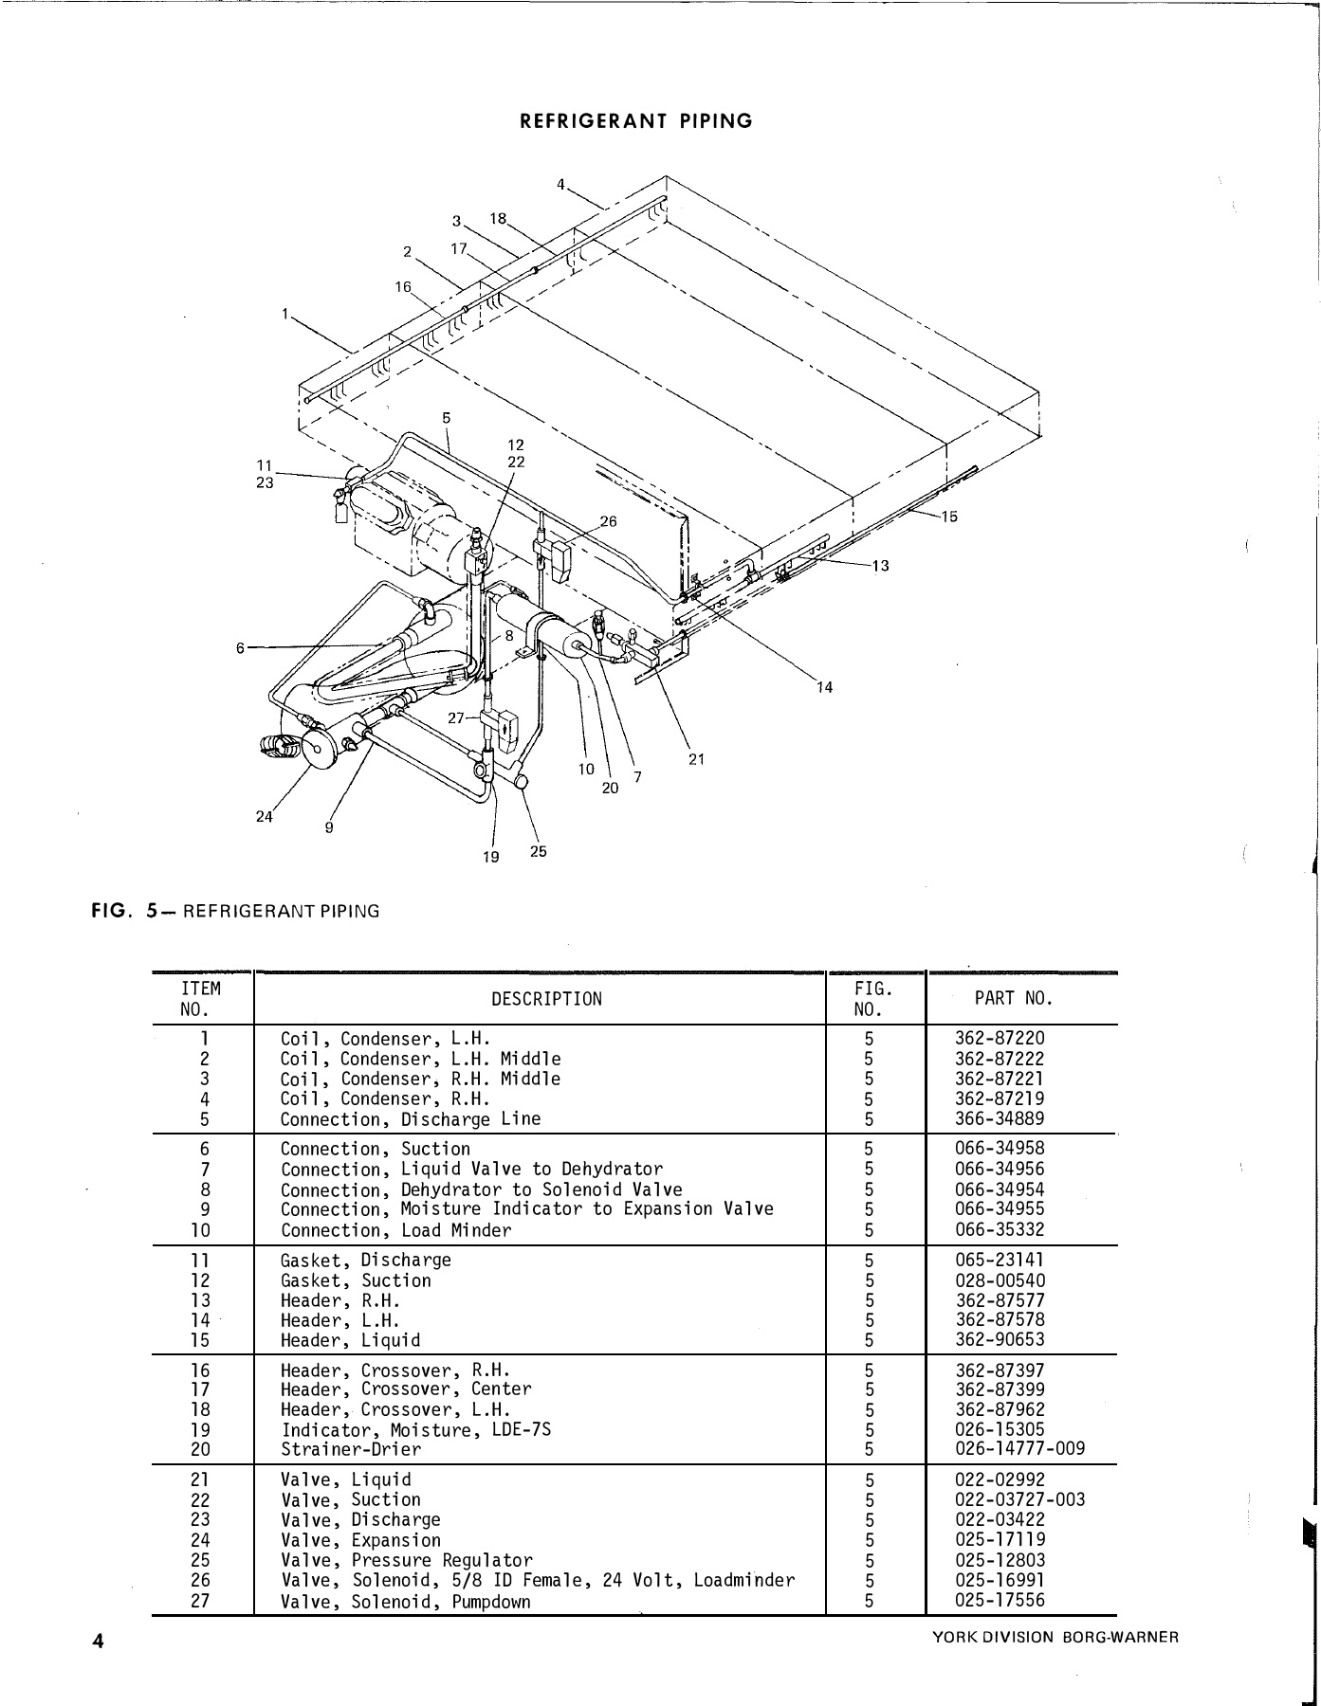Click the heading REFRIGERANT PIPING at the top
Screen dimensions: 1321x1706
[636, 121]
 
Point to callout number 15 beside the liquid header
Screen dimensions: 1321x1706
[949, 517]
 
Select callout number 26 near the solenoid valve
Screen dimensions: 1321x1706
[608, 521]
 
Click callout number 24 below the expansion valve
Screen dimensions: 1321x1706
[264, 817]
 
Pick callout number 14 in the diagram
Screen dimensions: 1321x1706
[824, 688]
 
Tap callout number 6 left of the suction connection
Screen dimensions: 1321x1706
[241, 647]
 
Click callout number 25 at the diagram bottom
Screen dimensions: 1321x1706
[538, 851]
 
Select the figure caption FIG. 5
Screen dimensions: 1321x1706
[235, 912]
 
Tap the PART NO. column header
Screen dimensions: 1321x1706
[1014, 998]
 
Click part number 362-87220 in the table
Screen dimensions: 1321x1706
[1000, 1039]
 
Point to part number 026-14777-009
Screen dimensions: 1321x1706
[1019, 1449]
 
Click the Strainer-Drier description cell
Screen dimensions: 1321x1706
[351, 1449]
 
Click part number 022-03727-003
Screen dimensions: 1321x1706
[1019, 1500]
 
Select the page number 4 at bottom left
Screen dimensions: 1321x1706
[98, 1642]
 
